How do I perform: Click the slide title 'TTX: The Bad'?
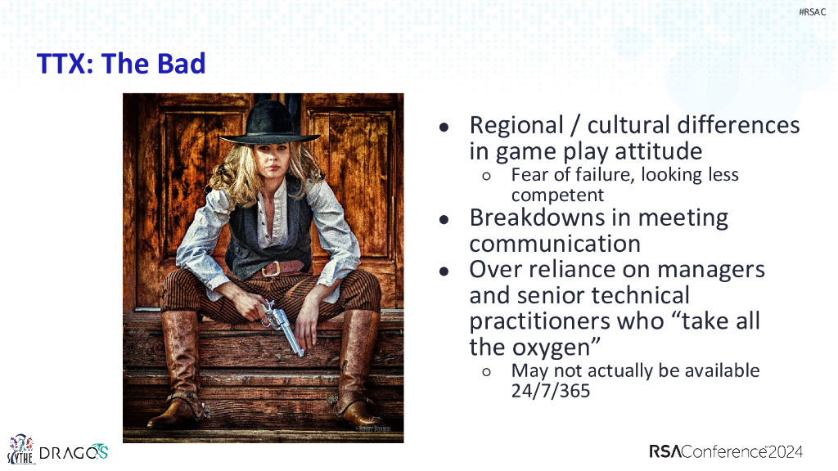point(121,64)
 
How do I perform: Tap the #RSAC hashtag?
point(812,11)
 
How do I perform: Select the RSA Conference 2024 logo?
point(726,451)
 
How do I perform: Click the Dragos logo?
point(74,452)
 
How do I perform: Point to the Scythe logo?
point(20,449)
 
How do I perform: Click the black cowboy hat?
point(268,124)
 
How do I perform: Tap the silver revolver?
point(283,327)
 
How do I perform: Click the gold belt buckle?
point(271,268)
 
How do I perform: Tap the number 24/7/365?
point(551,391)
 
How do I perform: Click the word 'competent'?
point(557,195)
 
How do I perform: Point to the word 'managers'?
point(711,270)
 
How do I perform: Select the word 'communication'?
point(555,244)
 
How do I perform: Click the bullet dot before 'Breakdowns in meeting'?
point(444,219)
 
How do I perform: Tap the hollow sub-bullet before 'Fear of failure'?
point(486,176)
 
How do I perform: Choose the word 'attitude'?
point(658,151)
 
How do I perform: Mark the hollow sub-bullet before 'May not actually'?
point(486,372)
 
